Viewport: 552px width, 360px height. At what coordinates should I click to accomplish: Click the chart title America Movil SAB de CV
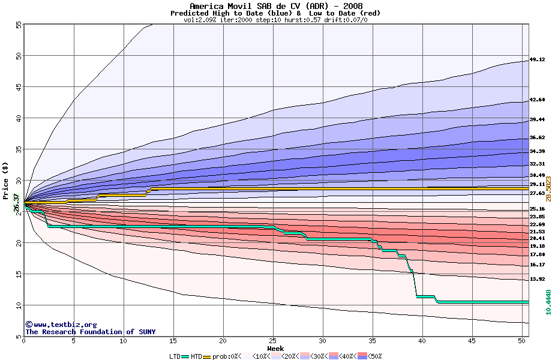(276, 6)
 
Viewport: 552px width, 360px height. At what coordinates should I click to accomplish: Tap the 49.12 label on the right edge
(537, 60)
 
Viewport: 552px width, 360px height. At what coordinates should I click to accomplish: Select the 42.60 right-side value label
(537, 100)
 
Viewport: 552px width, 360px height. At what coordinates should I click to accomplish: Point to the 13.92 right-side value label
(537, 280)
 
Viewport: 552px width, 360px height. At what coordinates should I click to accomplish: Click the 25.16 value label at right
(537, 209)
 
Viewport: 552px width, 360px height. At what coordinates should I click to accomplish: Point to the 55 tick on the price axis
(17, 25)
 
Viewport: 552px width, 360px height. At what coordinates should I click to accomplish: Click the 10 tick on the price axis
(17, 305)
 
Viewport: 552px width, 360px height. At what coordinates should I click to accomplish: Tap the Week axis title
(275, 348)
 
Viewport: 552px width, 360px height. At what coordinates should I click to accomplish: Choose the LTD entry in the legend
(175, 356)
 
